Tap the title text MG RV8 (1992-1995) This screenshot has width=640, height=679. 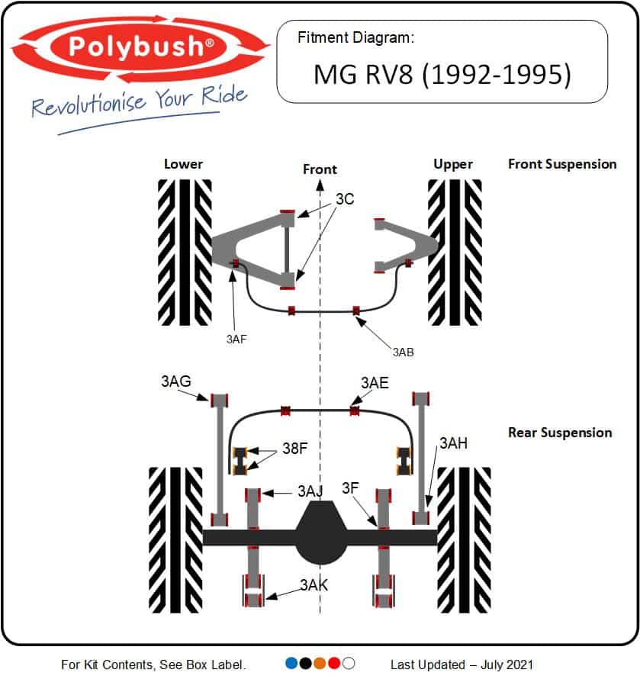(x=442, y=75)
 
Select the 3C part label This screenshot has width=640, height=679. (x=345, y=200)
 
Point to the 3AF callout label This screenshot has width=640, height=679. (x=236, y=339)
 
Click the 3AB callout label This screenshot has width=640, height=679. (x=404, y=352)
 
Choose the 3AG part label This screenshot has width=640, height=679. (x=175, y=381)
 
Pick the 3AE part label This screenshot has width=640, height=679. (x=375, y=381)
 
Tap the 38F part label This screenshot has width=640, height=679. (x=294, y=449)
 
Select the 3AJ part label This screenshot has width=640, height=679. (x=310, y=491)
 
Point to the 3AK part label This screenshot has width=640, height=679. (x=314, y=585)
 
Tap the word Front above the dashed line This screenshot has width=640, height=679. (x=320, y=169)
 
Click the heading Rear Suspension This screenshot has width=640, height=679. (x=560, y=433)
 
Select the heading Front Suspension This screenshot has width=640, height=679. (x=562, y=163)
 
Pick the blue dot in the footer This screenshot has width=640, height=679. (x=291, y=663)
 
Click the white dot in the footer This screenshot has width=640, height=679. (x=349, y=663)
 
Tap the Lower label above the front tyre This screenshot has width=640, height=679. (x=184, y=164)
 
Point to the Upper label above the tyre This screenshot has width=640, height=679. (x=453, y=164)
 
